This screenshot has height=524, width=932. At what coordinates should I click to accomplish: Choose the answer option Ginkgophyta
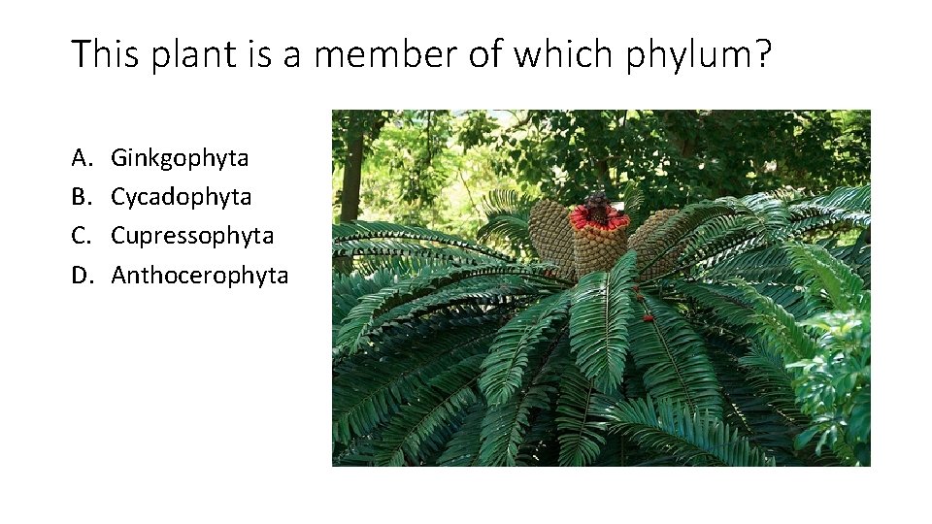180,158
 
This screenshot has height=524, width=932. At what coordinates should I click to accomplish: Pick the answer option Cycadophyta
182,197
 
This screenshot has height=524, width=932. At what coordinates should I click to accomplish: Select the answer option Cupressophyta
192,236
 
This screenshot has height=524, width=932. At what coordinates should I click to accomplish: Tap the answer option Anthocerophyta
200,276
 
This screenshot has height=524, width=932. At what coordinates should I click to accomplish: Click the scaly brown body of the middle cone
599,250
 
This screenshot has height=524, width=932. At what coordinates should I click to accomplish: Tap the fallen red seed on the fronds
646,316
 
